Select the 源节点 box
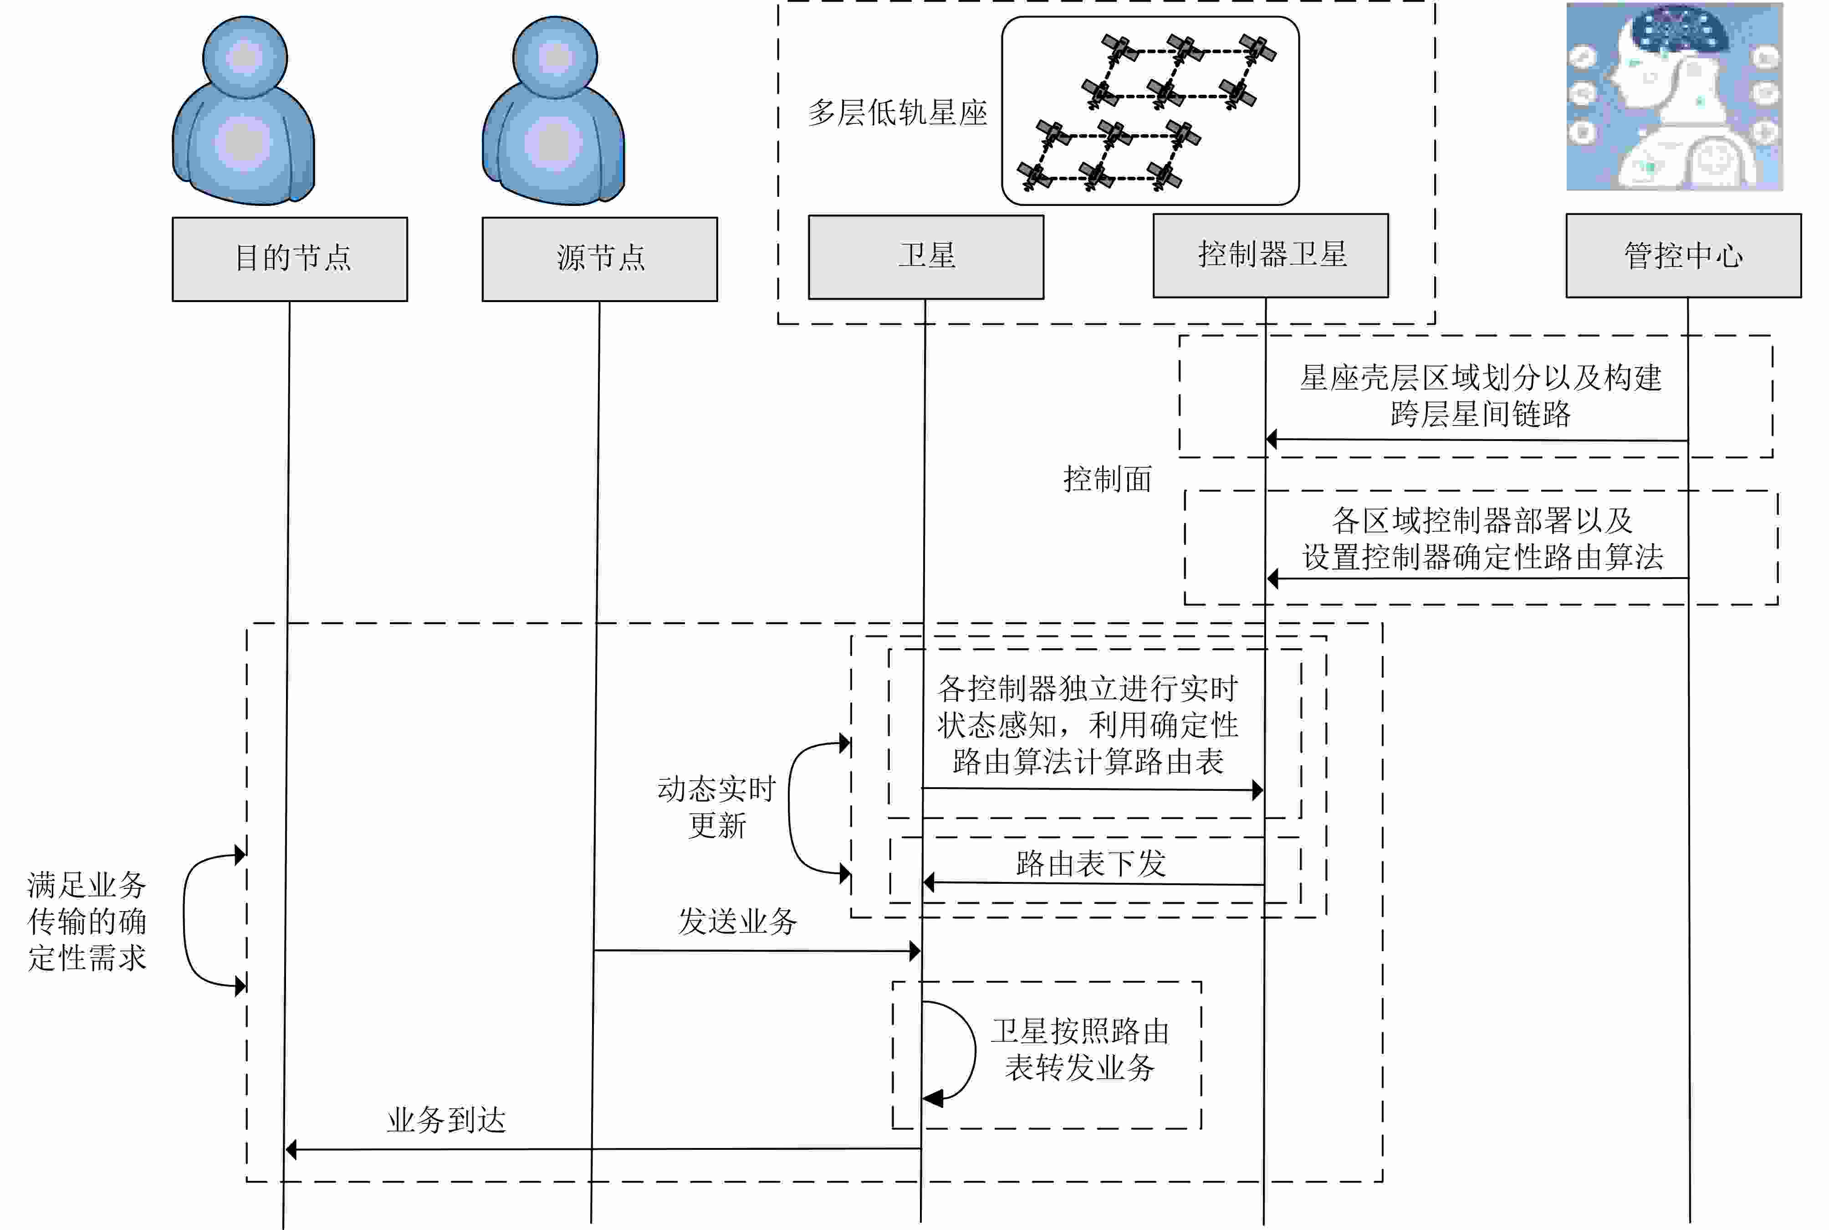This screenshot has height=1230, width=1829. tap(599, 259)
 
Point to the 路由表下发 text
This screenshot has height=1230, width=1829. tap(1090, 864)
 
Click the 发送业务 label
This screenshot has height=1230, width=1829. tap(737, 921)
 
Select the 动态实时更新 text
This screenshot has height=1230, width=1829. tap(716, 806)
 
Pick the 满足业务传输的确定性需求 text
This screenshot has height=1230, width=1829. tap(87, 921)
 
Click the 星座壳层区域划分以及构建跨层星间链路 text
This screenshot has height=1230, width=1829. tap(1480, 395)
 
